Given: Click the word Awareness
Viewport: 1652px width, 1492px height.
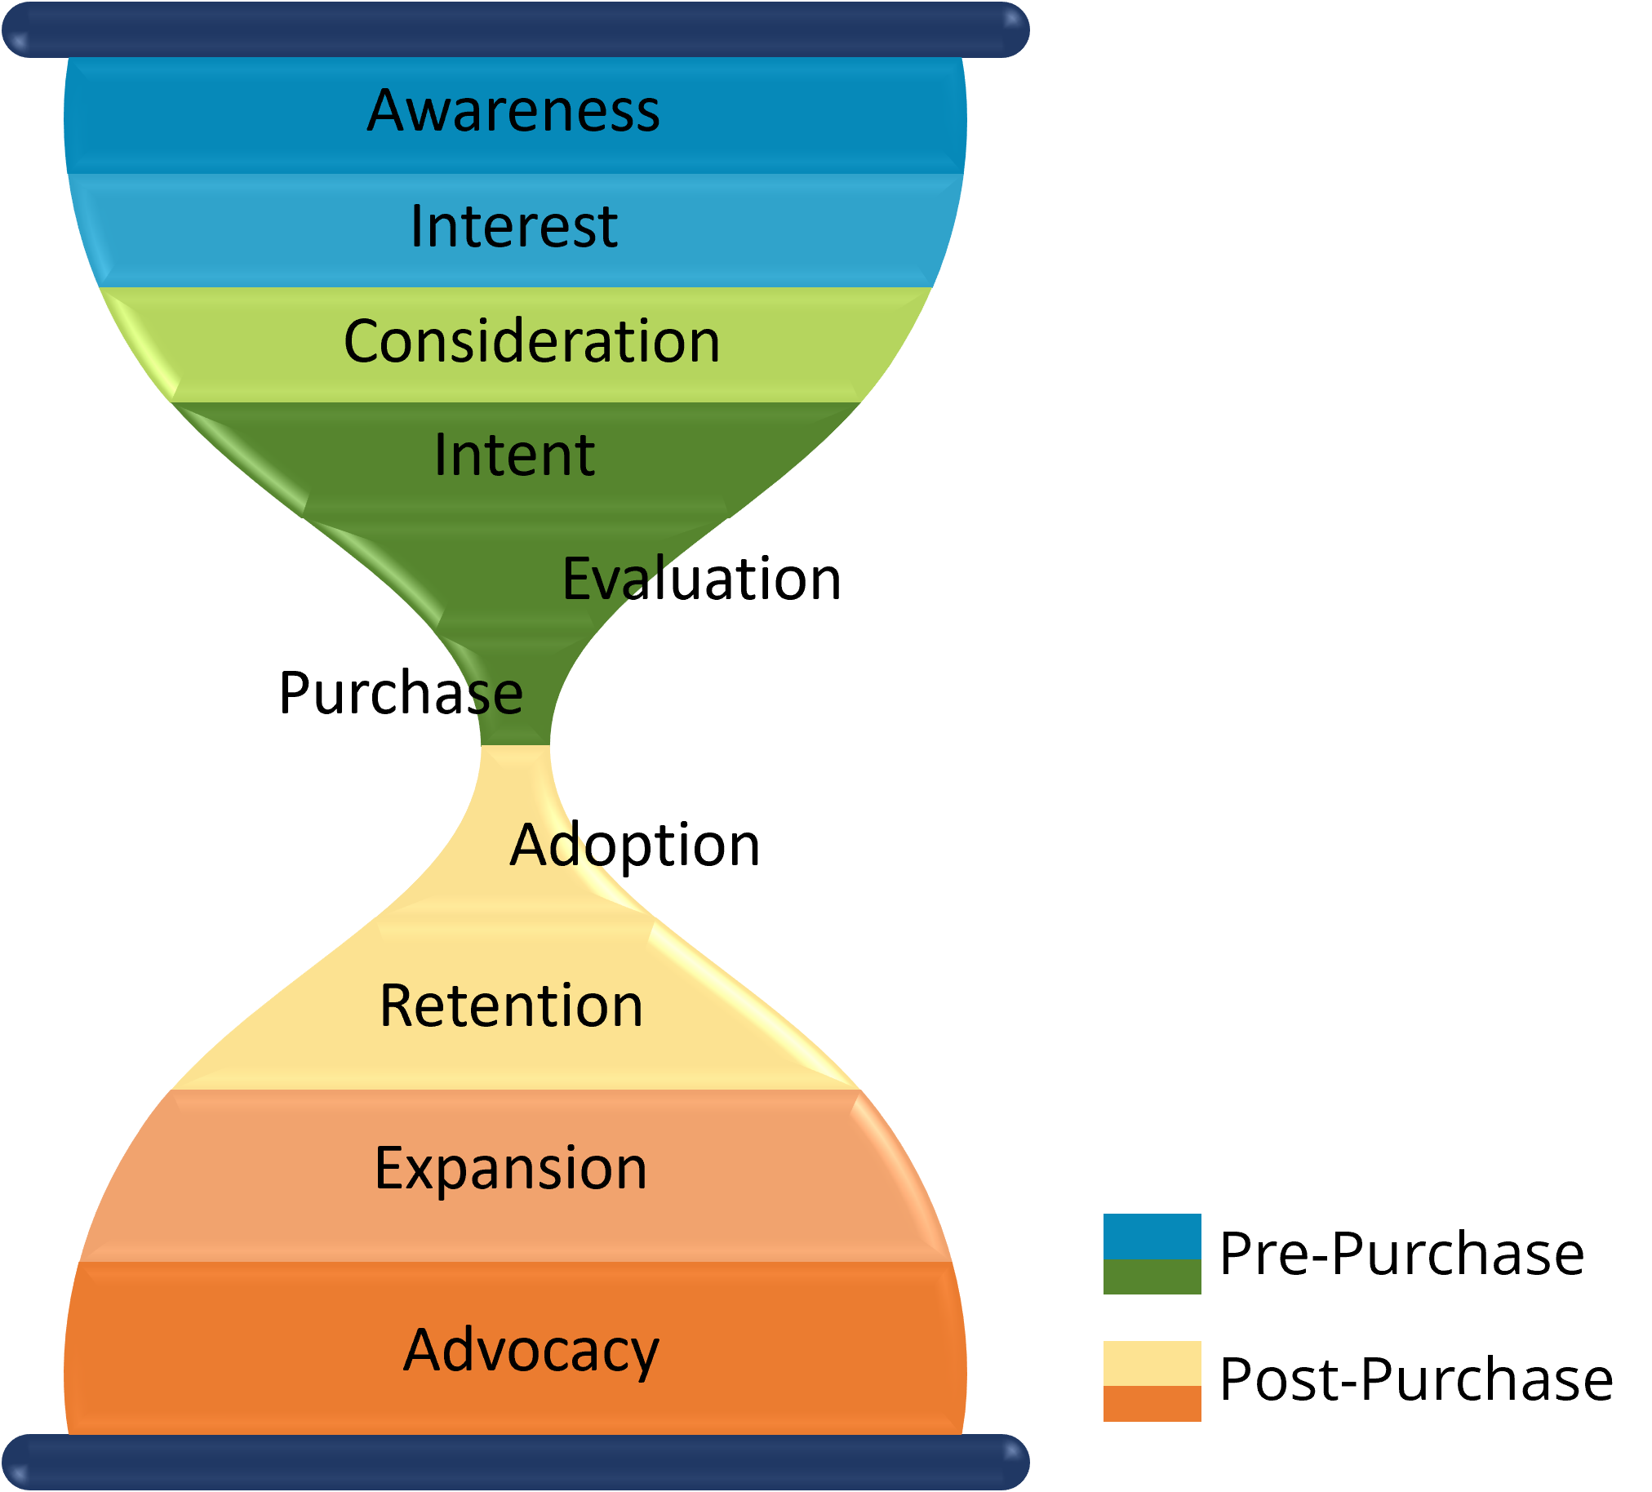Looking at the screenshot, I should [513, 111].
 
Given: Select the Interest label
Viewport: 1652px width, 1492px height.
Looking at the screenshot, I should [513, 227].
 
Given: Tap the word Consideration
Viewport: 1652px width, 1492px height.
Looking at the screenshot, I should [532, 342].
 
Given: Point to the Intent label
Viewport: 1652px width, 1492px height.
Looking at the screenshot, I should [513, 455].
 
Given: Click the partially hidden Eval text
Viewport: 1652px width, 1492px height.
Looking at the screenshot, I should [611, 579].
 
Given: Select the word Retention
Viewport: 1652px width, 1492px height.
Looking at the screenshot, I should [511, 1006].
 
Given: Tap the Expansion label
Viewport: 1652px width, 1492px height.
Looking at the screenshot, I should [510, 1168].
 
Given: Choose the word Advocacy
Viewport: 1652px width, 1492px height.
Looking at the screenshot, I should [531, 1350].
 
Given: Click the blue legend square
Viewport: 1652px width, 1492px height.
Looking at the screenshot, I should [1152, 1237].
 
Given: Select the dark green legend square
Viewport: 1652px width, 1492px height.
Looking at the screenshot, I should [1152, 1277].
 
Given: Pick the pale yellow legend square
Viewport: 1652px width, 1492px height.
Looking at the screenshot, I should [1152, 1362].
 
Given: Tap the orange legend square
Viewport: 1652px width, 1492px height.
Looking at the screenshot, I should [1152, 1404].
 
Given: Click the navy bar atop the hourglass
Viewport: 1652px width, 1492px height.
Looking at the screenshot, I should [514, 30].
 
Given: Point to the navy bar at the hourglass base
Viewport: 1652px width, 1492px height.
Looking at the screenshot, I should [514, 1463].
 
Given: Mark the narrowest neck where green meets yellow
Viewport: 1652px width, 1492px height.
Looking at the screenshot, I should [515, 744].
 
